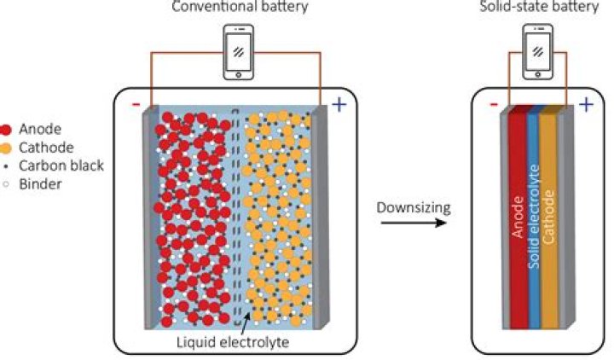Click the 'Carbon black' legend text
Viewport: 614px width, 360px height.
(x=62, y=165)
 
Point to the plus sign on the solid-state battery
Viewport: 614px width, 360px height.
(x=586, y=105)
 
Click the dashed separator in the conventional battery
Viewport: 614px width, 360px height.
(x=238, y=213)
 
